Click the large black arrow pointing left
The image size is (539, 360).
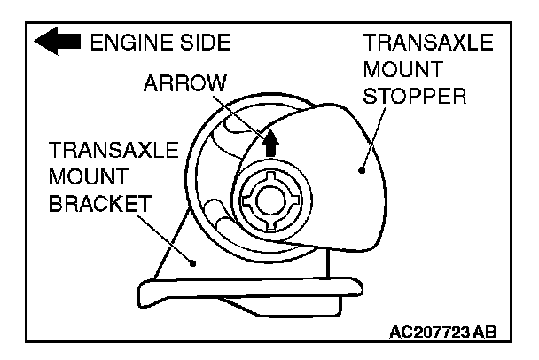click(58, 42)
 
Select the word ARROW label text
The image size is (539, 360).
click(184, 83)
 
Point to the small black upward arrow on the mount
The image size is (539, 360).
click(271, 141)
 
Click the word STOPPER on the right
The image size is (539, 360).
click(415, 95)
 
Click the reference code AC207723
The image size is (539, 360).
click(431, 332)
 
